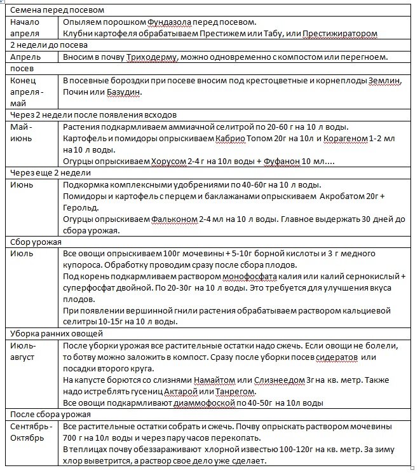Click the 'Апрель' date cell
[x=25, y=57]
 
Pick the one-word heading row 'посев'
[x=24, y=69]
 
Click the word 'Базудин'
[x=121, y=92]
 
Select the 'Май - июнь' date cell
[x=25, y=133]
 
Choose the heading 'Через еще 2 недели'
[x=51, y=173]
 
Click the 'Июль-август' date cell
[x=25, y=352]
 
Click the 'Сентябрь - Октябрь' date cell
[x=30, y=432]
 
